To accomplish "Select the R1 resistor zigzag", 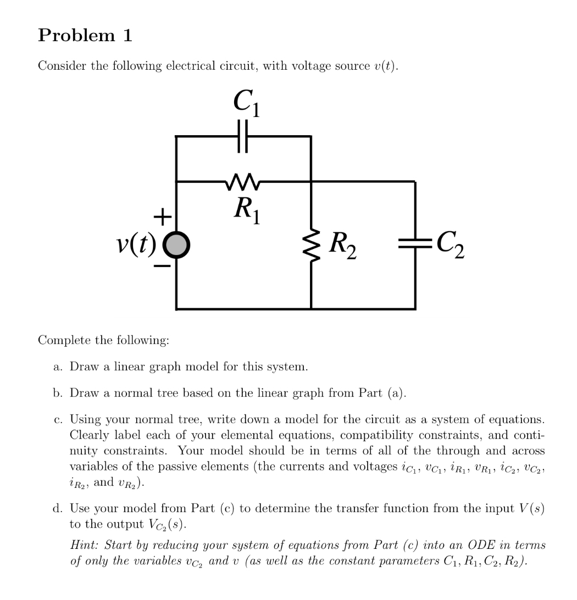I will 243,180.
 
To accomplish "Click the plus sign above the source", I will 161,218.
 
